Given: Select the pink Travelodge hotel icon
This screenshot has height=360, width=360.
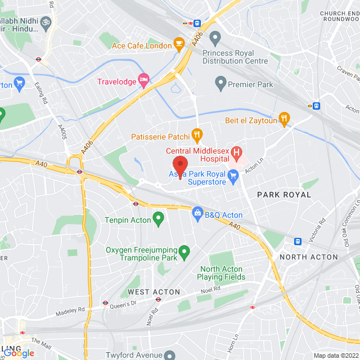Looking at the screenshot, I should click(144, 82).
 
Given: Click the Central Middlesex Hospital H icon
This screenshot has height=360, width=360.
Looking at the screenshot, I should click(237, 151).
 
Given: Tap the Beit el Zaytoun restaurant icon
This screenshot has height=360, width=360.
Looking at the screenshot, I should click(285, 119).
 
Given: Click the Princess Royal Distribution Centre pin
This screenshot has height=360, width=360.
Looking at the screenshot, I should click(214, 39).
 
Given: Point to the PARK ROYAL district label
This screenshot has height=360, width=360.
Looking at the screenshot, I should click(283, 195).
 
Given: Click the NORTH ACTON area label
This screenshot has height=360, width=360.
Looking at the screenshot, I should click(309, 257).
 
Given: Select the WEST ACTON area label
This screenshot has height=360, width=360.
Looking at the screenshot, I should click(154, 292).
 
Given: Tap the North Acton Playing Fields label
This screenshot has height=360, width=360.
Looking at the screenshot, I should click(223, 273).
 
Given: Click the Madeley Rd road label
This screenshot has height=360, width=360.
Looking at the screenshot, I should click(70, 310).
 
